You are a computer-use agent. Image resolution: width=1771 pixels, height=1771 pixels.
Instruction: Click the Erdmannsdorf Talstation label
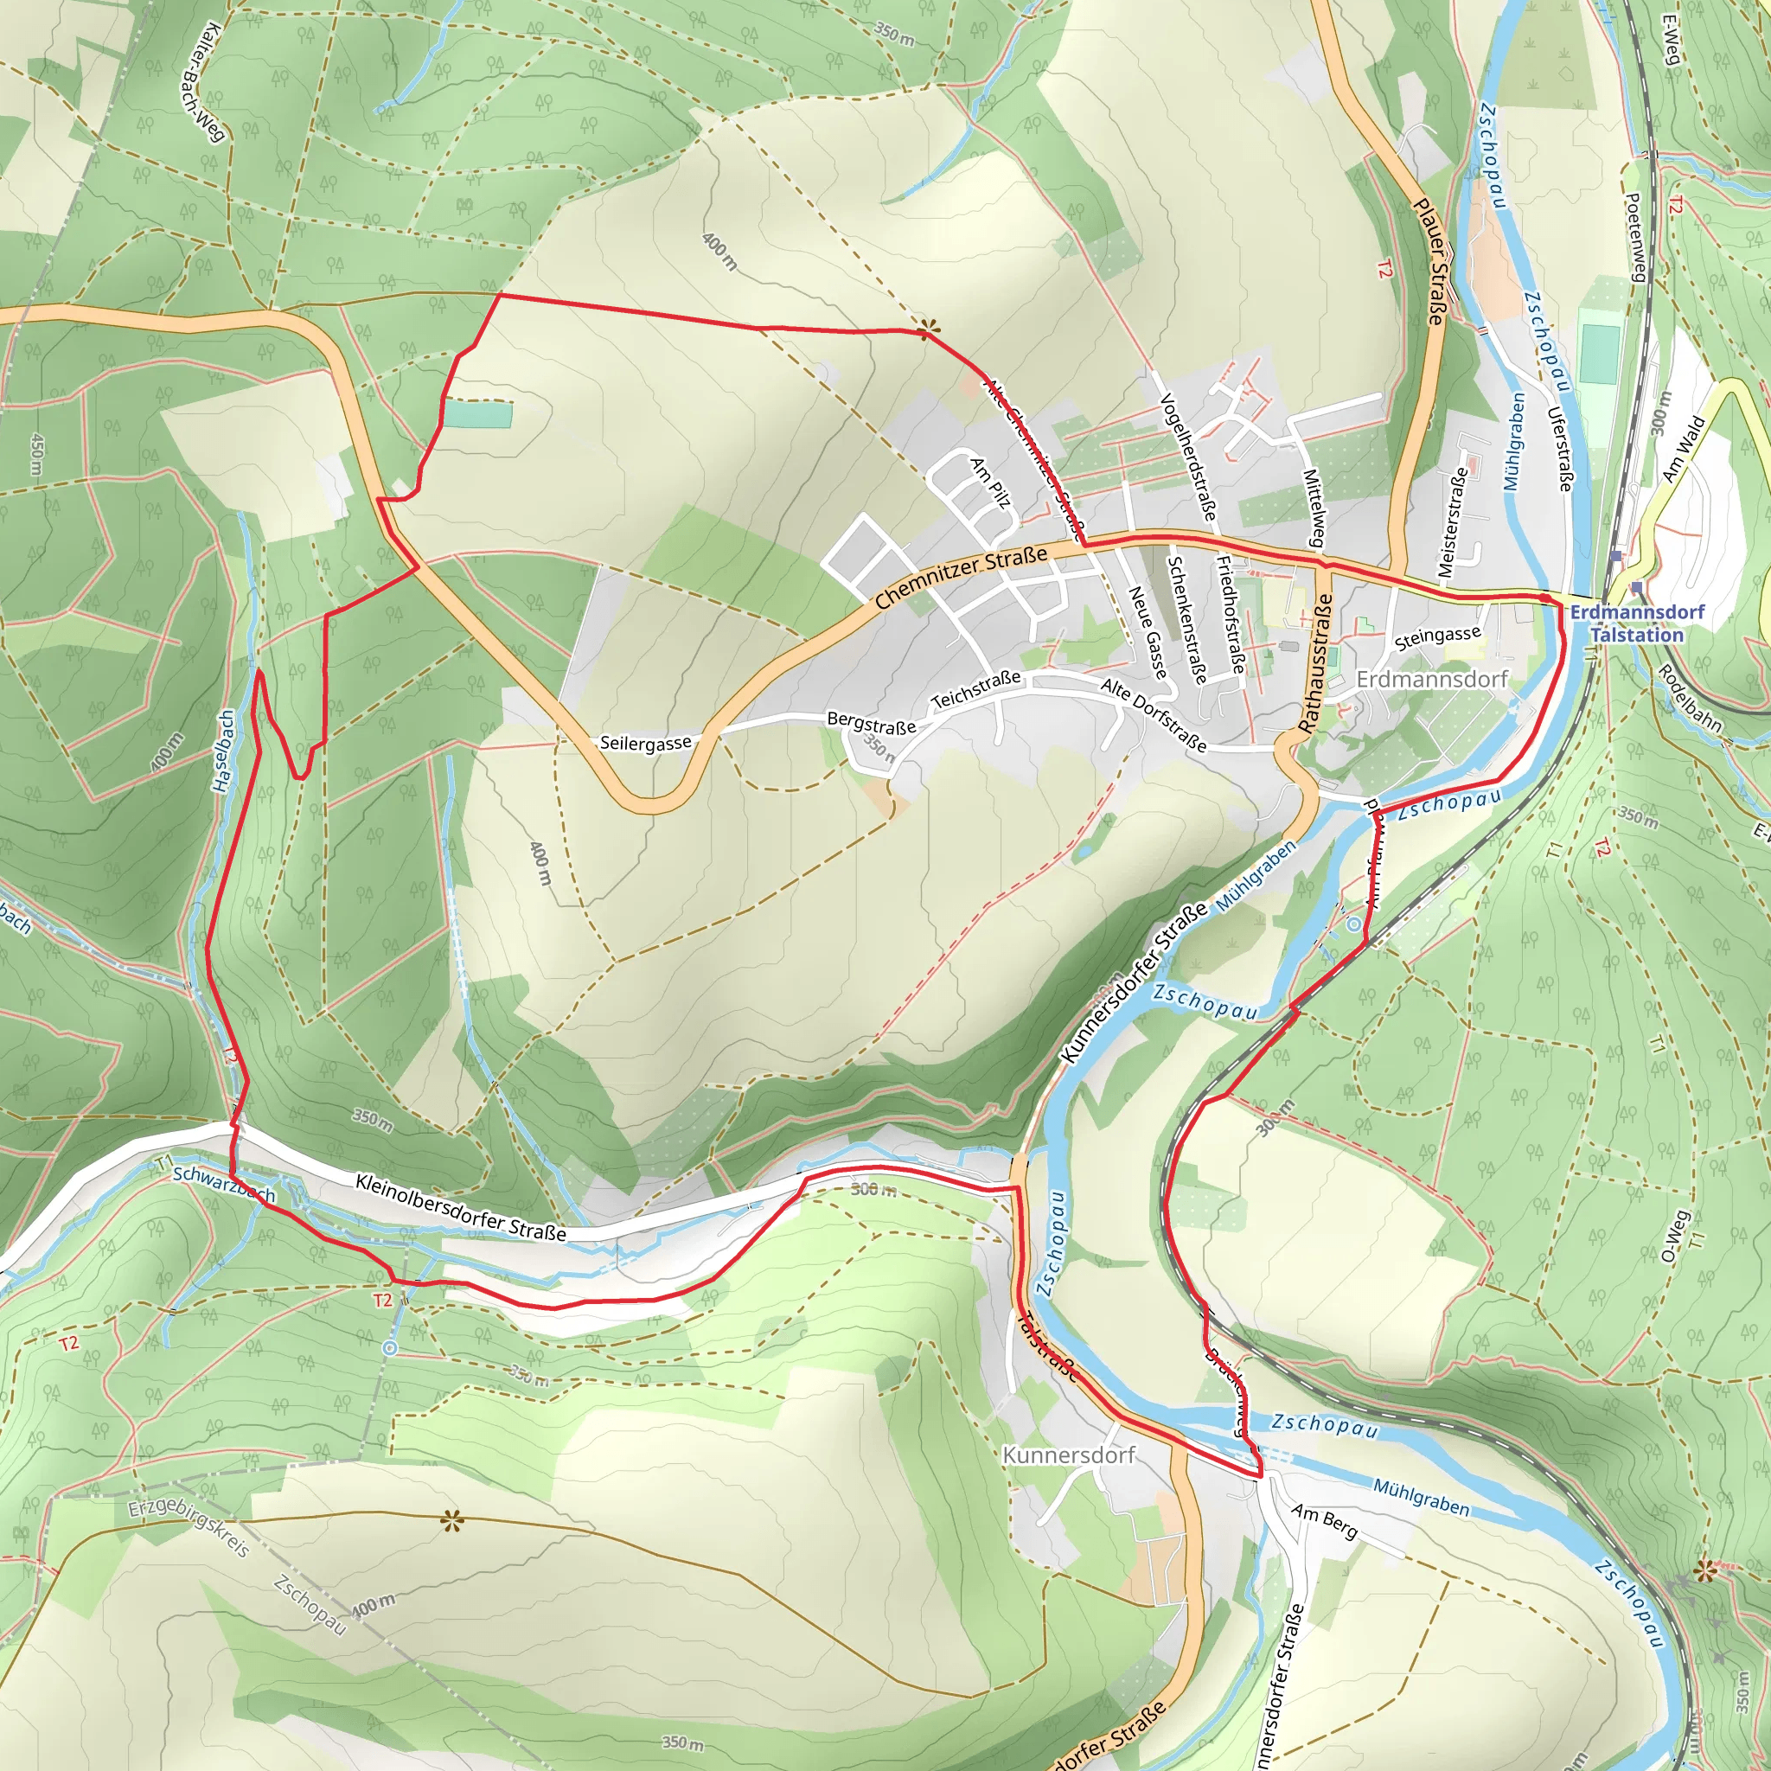(1637, 623)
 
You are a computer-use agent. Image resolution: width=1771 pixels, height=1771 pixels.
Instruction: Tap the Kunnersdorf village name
(1068, 1455)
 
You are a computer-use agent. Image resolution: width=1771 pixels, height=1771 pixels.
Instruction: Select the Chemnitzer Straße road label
(961, 578)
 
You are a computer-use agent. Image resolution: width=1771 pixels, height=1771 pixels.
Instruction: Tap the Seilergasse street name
(645, 743)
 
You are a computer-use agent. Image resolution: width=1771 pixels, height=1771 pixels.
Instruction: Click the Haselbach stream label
(223, 751)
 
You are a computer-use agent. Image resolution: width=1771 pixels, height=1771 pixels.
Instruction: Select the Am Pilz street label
(991, 483)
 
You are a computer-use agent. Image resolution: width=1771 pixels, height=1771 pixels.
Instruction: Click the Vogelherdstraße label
(1188, 457)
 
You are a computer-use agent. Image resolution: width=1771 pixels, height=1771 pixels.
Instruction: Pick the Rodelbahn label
(1689, 698)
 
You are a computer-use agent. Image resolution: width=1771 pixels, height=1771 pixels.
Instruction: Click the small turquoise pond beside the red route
(477, 414)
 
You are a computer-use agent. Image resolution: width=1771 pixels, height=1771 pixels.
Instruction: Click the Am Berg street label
(1324, 1522)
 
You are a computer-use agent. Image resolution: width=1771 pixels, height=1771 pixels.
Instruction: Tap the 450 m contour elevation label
(36, 454)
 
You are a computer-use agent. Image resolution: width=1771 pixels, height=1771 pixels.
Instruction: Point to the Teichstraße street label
(975, 689)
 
